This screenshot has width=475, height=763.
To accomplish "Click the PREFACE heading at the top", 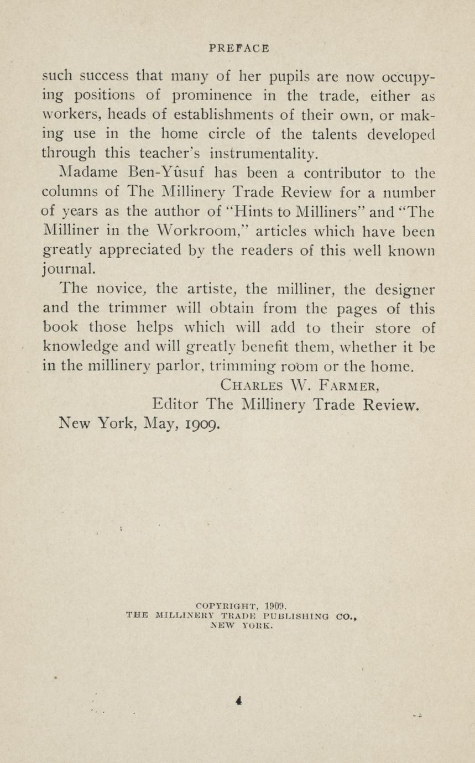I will (x=239, y=49).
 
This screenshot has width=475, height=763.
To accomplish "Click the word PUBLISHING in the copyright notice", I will (x=296, y=615).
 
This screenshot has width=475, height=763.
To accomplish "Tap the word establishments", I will (x=226, y=115).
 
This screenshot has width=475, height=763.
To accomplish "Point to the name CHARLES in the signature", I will (x=251, y=385).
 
